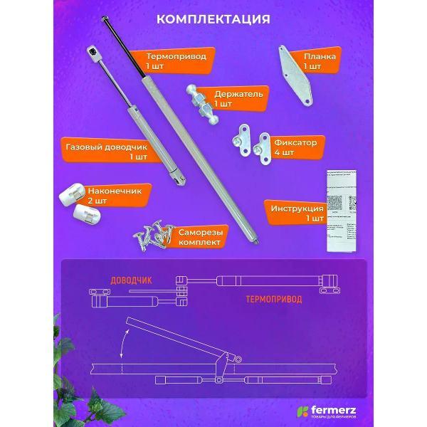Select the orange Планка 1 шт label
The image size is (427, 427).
pyautogui.click(x=321, y=60)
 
